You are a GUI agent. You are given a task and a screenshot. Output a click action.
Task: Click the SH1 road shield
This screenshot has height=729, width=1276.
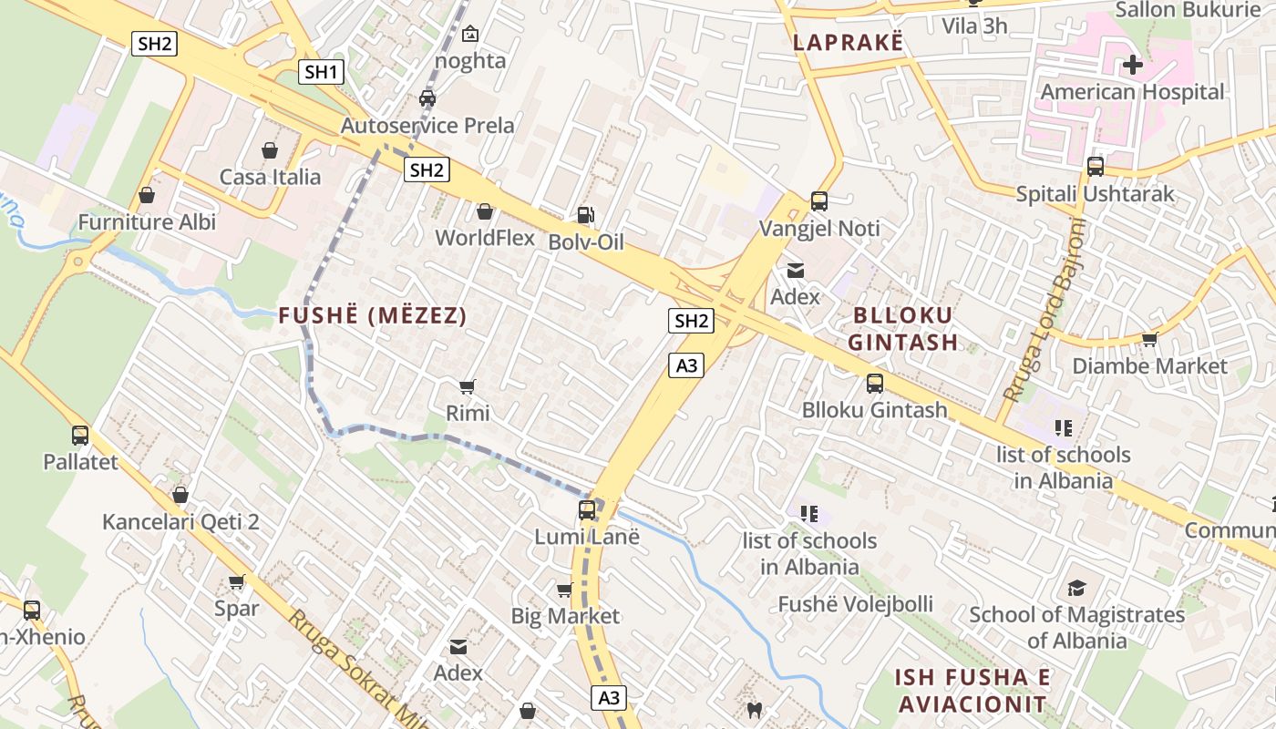click(321, 72)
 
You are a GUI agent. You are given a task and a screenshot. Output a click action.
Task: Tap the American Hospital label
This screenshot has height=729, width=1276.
click(1132, 92)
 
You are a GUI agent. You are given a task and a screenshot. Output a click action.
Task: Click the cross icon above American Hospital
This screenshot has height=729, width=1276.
click(1132, 65)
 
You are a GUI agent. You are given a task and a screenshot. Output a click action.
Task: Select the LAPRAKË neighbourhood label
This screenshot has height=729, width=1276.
click(848, 42)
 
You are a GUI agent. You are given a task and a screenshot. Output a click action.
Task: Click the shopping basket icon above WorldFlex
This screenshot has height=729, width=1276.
click(485, 212)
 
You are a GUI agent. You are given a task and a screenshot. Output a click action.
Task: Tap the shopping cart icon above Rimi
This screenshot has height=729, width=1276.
click(468, 387)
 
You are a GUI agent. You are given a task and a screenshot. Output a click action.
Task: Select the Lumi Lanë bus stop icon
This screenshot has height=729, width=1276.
click(587, 510)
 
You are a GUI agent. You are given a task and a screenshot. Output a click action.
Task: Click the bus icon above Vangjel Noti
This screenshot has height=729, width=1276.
click(819, 201)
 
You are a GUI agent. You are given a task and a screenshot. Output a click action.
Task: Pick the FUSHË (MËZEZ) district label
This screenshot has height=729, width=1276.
click(372, 316)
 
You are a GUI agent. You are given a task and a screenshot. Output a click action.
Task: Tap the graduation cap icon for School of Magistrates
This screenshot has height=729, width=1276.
click(1077, 588)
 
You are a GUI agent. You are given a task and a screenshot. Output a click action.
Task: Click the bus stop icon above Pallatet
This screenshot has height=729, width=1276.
click(80, 436)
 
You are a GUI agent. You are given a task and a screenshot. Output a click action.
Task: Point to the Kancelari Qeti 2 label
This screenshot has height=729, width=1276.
click(180, 522)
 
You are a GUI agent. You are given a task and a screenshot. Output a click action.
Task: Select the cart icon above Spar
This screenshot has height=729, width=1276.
click(237, 581)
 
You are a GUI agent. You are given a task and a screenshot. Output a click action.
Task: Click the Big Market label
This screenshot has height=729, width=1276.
click(565, 616)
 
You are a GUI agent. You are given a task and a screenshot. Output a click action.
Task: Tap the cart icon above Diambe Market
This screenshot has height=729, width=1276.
click(1149, 340)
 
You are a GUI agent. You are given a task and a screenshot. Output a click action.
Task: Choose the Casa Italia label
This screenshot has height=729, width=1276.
click(270, 177)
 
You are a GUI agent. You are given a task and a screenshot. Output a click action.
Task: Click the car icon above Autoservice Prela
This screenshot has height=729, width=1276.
click(427, 98)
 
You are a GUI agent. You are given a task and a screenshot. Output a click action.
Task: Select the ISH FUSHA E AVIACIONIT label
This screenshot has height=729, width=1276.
click(972, 691)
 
